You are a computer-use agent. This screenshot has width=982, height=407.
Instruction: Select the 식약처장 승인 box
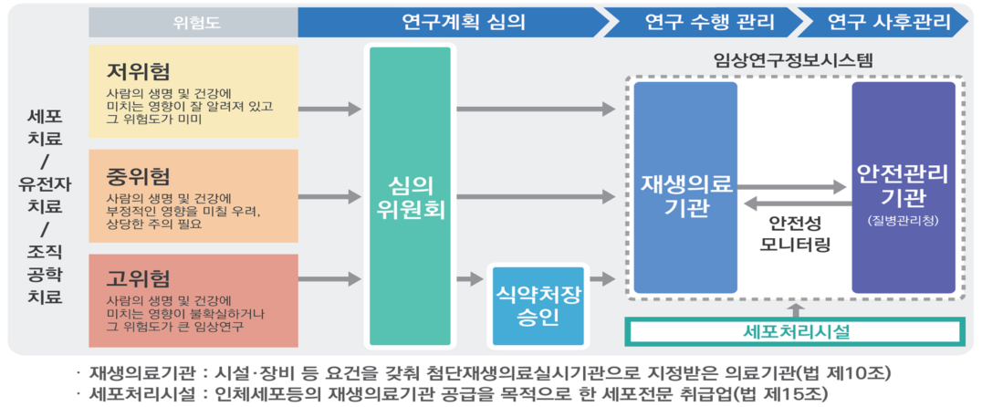pyautogui.click(x=538, y=306)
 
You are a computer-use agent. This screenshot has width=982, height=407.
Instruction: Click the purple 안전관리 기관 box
pyautogui.click(x=903, y=186)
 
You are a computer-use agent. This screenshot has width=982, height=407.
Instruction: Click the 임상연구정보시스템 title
pyautogui.click(x=794, y=62)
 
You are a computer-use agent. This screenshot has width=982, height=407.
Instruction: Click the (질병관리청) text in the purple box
pyautogui.click(x=903, y=222)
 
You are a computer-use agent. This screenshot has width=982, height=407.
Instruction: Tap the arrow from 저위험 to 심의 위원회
pyautogui.click(x=329, y=110)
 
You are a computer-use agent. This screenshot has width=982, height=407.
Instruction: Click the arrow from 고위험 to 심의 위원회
pyautogui.click(x=329, y=279)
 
